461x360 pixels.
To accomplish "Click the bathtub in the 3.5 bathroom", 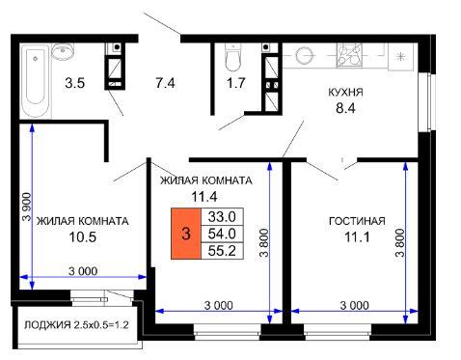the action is click(36, 82).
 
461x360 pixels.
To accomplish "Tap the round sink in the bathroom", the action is click(63, 51).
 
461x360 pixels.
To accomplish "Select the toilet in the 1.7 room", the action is click(232, 57).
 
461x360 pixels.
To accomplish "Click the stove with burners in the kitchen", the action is click(349, 55).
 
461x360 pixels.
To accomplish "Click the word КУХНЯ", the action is click(345, 93).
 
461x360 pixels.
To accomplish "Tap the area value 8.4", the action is click(345, 108).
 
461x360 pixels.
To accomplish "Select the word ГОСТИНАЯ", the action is click(357, 221).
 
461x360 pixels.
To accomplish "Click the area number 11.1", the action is click(357, 237).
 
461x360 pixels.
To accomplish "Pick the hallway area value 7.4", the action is click(165, 83).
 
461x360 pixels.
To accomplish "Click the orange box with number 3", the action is click(186, 234).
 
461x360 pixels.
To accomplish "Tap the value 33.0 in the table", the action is click(222, 216).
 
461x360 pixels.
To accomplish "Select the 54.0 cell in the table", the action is click(222, 234).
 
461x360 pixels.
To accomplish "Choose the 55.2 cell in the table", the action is click(222, 251).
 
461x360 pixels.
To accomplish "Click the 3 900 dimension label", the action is click(27, 207).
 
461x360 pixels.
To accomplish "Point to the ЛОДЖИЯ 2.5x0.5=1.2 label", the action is click(76, 325).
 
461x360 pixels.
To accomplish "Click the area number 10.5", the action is click(83, 237).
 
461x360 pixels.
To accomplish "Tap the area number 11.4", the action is click(204, 196).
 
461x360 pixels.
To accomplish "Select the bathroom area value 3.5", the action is click(74, 83).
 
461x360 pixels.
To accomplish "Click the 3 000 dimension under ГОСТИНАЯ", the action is click(354, 305).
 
